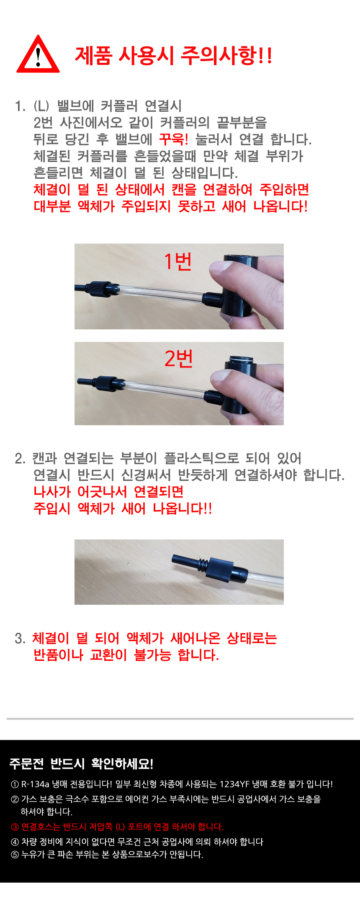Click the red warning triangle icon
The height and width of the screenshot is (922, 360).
point(38,55)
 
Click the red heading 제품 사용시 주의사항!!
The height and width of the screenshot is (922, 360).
point(173,56)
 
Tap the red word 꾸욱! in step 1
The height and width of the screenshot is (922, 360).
point(173,139)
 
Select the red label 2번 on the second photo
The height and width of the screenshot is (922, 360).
point(178,359)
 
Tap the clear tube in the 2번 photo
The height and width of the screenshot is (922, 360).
point(163,388)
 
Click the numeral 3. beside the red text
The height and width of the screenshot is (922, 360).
point(20,638)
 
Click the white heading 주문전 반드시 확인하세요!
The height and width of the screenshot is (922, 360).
point(81,764)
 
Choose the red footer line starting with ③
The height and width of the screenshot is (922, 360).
point(117,827)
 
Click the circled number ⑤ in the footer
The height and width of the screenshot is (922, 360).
point(15,854)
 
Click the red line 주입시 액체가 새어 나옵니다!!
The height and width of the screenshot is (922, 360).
point(123,509)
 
